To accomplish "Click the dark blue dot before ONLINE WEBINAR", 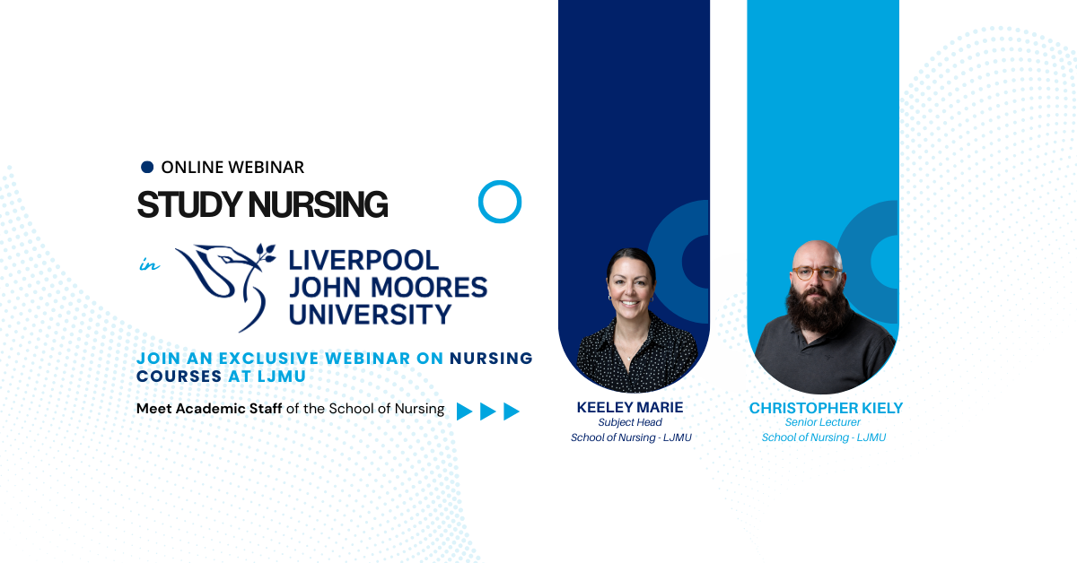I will pyautogui.click(x=148, y=167).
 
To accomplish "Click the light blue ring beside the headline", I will pyautogui.click(x=500, y=202).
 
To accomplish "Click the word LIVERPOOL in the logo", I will pyautogui.click(x=363, y=261).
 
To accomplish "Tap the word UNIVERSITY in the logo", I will pyautogui.click(x=370, y=314).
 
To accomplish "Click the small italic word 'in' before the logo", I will pyautogui.click(x=148, y=264).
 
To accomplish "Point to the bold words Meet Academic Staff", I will pyautogui.click(x=209, y=409).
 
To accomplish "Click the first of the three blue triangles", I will pyautogui.click(x=464, y=411).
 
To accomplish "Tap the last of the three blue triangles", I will pyautogui.click(x=512, y=411).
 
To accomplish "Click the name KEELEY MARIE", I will pyautogui.click(x=630, y=408).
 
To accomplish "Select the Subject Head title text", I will pyautogui.click(x=630, y=422).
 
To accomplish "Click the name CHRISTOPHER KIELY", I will pyautogui.click(x=826, y=409).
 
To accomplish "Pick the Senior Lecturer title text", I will pyautogui.click(x=823, y=422).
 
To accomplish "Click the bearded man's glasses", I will pyautogui.click(x=817, y=273).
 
